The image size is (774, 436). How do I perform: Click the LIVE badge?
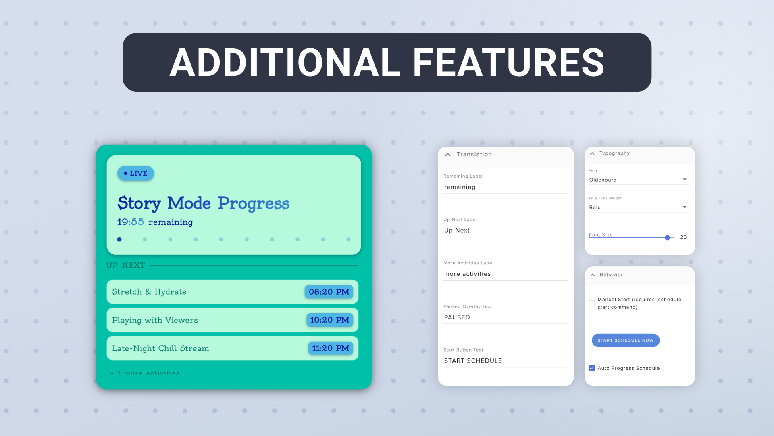pos(135,173)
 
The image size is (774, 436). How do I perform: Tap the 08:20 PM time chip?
pos(329,292)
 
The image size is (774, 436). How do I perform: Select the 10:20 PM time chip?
pos(330,320)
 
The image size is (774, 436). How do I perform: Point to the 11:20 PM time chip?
pos(331,348)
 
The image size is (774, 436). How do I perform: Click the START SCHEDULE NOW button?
pos(626,340)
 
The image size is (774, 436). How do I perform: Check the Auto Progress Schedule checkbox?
pos(592,368)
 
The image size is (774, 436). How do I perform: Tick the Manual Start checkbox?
pos(592,303)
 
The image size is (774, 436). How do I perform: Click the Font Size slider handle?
pos(668,238)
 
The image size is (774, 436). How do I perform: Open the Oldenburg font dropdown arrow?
pos(685,180)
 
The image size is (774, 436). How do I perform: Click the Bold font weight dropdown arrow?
pos(685,207)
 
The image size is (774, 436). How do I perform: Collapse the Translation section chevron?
pos(448,155)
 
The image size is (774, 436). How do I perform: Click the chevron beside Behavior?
pos(593,275)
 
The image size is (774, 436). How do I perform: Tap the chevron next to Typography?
pos(592,153)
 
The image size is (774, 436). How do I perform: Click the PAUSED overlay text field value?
pos(457,317)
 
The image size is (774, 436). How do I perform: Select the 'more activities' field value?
pos(468,274)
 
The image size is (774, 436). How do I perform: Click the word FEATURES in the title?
pos(509,63)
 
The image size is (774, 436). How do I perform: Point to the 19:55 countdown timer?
pos(131,222)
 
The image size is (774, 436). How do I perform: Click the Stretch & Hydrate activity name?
pos(149,292)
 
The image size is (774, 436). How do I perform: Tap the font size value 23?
pos(684,237)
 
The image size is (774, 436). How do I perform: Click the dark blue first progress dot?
pos(119,239)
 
